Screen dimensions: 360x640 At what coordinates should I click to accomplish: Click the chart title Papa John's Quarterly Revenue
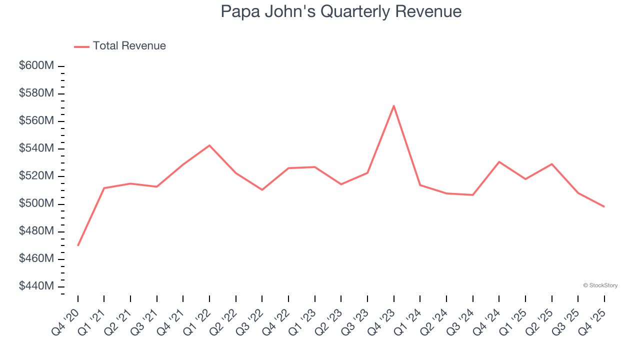[x=341, y=11]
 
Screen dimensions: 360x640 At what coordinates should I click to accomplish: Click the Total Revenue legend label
[x=129, y=46]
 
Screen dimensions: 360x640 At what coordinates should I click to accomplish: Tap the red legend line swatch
[x=81, y=46]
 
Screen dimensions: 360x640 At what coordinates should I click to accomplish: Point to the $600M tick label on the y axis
[x=36, y=66]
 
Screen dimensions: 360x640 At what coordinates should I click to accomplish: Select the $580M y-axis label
[x=36, y=93]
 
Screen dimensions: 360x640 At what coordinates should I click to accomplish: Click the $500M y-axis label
[x=36, y=204]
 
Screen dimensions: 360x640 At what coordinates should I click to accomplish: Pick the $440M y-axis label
[x=36, y=286]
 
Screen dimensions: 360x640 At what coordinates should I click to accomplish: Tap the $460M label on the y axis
[x=36, y=259]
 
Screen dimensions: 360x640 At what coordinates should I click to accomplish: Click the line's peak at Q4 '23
[x=394, y=105]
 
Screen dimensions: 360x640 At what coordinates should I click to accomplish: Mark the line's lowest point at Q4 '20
[x=78, y=245]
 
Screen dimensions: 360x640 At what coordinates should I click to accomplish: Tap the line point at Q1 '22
[x=209, y=145]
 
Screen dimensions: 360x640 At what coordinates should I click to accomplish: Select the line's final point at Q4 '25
[x=604, y=206]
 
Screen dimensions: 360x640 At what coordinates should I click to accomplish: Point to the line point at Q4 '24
[x=499, y=162]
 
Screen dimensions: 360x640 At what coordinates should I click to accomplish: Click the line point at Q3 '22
[x=262, y=190]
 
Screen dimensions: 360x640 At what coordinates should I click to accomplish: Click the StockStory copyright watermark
[x=600, y=285]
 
